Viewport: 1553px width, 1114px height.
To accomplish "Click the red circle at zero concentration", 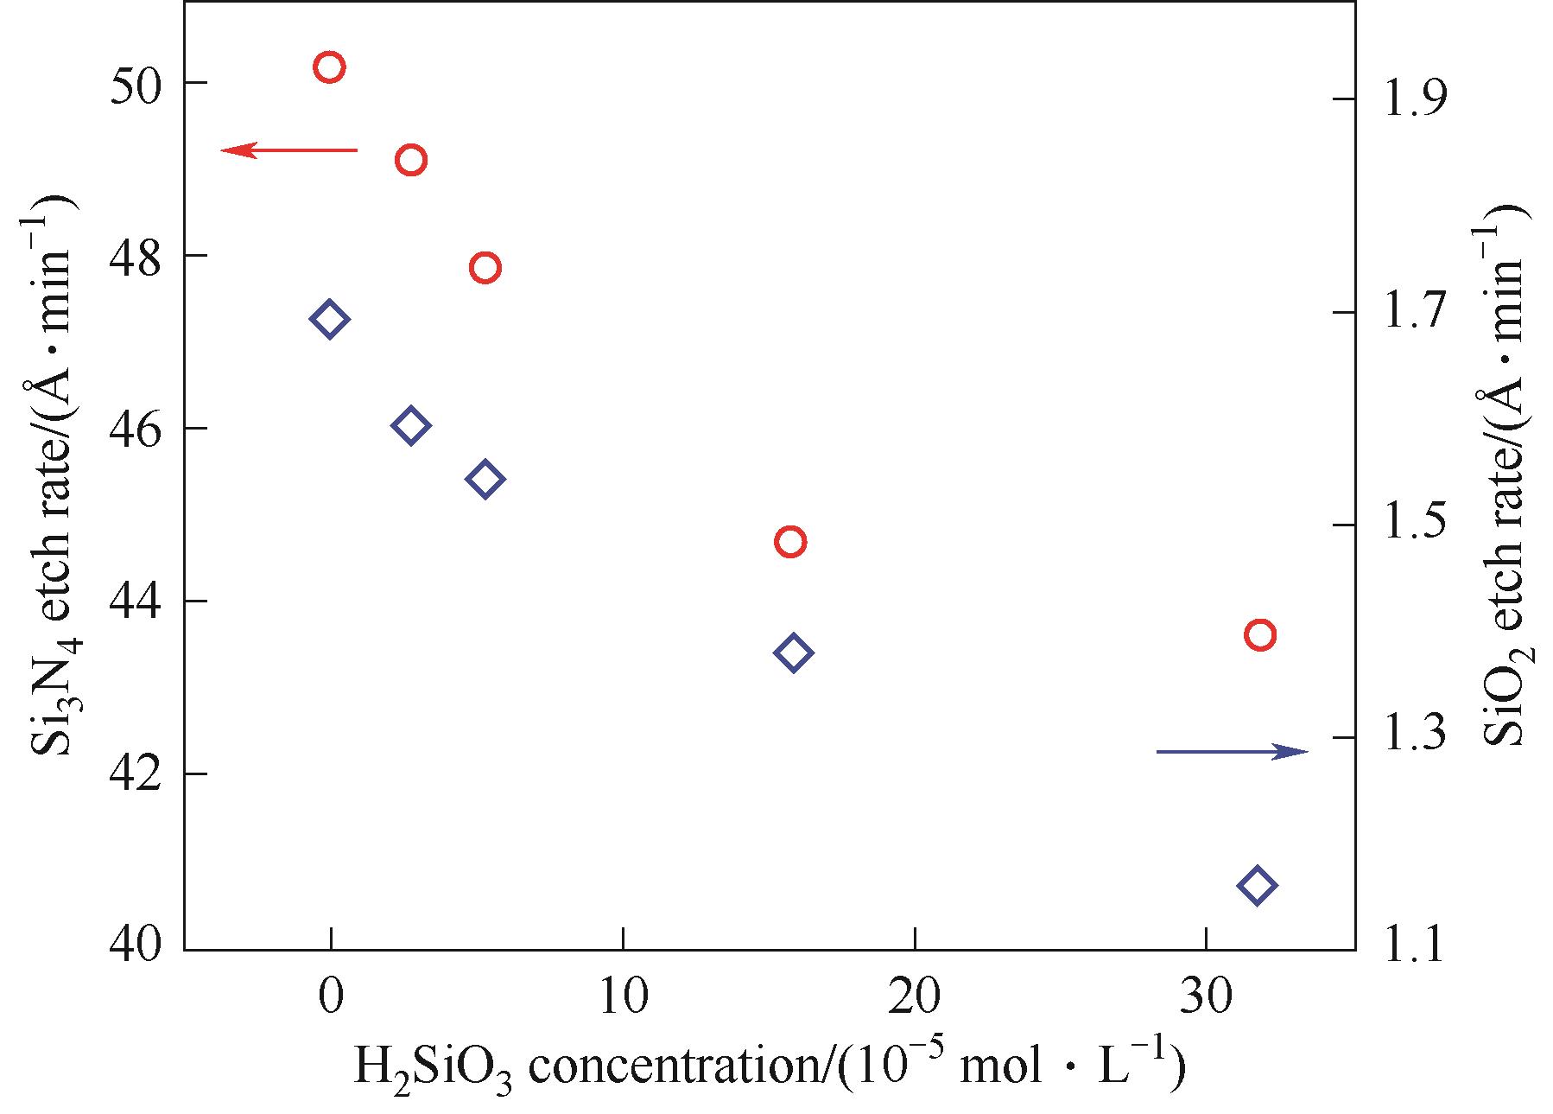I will click(329, 67).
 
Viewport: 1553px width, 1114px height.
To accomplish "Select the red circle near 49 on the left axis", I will click(411, 160).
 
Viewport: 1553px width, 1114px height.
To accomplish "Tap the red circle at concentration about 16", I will click(790, 542).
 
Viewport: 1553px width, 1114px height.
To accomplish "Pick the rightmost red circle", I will click(1260, 635).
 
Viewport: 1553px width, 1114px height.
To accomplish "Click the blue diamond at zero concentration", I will click(329, 319).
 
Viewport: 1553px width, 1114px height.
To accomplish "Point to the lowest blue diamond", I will click(1257, 885).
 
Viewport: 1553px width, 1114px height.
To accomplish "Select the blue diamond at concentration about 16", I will click(794, 652).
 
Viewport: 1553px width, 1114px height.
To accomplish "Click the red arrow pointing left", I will click(288, 150).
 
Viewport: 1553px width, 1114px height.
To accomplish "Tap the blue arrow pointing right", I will click(1232, 752).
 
